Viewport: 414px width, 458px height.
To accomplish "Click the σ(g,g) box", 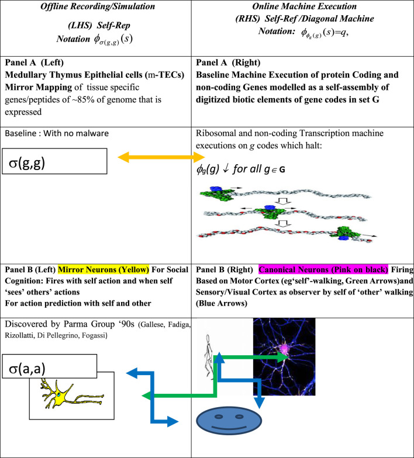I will [54, 161].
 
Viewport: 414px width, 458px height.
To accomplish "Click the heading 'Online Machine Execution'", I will [302, 6].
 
